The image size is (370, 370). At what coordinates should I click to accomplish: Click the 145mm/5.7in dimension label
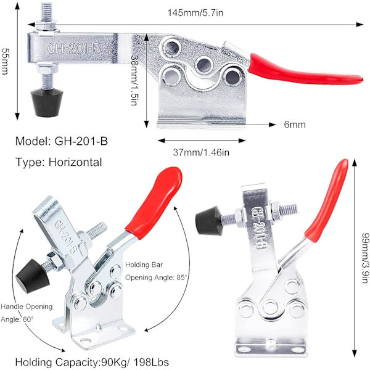pyautogui.click(x=195, y=12)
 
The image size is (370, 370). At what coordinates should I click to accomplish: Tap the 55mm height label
pyautogui.click(x=5, y=61)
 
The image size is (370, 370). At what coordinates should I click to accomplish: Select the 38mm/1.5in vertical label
pyautogui.click(x=134, y=80)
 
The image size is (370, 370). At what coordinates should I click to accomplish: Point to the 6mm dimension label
pyautogui.click(x=295, y=125)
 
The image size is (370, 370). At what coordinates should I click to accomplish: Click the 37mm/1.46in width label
pyautogui.click(x=201, y=152)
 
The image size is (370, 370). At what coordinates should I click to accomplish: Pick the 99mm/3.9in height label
pyautogui.click(x=365, y=258)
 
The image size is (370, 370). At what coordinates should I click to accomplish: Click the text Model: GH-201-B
pyautogui.click(x=62, y=141)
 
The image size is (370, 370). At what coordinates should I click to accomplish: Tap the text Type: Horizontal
pyautogui.click(x=59, y=162)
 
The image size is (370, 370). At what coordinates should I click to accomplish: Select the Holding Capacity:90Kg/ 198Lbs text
pyautogui.click(x=92, y=362)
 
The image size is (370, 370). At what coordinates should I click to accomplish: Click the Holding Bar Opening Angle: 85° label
pyautogui.click(x=156, y=271)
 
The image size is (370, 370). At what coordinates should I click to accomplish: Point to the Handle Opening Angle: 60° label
pyautogui.click(x=27, y=313)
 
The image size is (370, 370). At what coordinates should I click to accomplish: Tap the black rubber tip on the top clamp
pyautogui.click(x=47, y=102)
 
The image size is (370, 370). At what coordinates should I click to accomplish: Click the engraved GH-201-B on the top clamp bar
pyautogui.click(x=75, y=48)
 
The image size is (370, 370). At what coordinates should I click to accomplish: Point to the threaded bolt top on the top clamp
pyautogui.click(x=47, y=12)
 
